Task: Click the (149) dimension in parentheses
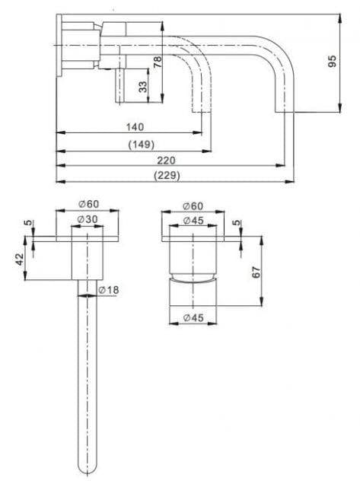(141, 144)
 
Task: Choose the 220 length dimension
(167, 160)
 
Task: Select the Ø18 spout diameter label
(108, 289)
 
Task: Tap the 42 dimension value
(20, 259)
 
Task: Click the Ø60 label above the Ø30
(88, 204)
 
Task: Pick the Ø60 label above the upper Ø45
(193, 206)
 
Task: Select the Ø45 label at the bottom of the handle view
(192, 318)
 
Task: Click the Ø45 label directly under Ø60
(193, 221)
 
